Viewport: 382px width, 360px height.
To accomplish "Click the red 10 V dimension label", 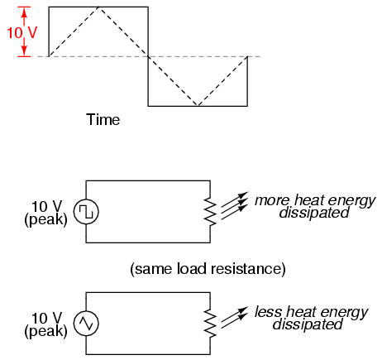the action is pyautogui.click(x=21, y=32).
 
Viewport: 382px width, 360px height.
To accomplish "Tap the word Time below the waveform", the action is pyautogui.click(x=103, y=120).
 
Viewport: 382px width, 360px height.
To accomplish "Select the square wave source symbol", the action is pyautogui.click(x=86, y=212).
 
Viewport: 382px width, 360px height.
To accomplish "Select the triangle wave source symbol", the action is pyautogui.click(x=86, y=324).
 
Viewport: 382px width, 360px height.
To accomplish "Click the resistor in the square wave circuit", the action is pyautogui.click(x=210, y=212).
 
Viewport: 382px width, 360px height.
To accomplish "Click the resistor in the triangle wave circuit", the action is pyautogui.click(x=210, y=324).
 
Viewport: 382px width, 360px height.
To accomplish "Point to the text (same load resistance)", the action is pyautogui.click(x=208, y=269).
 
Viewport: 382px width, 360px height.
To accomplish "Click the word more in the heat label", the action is pyautogui.click(x=272, y=200).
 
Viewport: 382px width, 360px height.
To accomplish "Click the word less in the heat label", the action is pyautogui.click(x=268, y=312).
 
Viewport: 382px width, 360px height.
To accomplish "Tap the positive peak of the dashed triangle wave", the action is pyautogui.click(x=98, y=7).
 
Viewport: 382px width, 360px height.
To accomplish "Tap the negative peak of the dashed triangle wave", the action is pyautogui.click(x=198, y=106).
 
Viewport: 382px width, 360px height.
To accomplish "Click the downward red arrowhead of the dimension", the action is pyautogui.click(x=25, y=51).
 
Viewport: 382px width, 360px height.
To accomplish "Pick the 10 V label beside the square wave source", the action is pyautogui.click(x=47, y=206).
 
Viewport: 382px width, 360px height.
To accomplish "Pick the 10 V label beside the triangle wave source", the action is pyautogui.click(x=47, y=318).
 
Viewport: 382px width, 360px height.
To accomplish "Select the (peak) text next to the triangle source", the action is pyautogui.click(x=45, y=331).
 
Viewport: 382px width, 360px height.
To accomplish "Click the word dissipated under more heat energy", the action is pyautogui.click(x=314, y=213).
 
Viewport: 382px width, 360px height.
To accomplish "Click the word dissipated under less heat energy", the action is pyautogui.click(x=308, y=324).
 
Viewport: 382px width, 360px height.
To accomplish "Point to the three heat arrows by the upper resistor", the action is pyautogui.click(x=234, y=206).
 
